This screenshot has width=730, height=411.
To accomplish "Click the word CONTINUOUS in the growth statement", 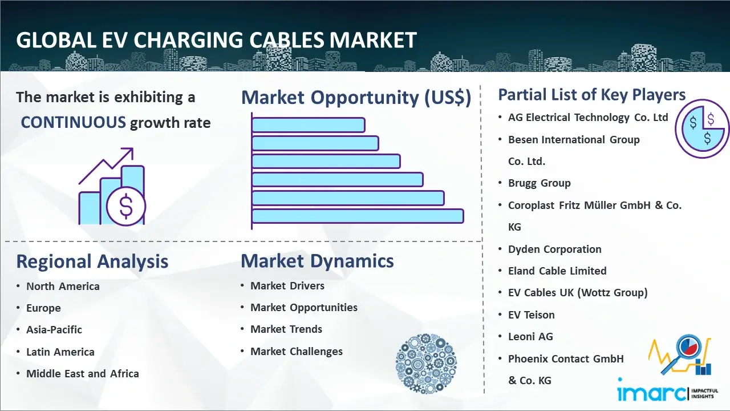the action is click(x=74, y=122).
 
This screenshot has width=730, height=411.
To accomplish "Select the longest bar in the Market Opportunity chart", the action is click(x=358, y=216).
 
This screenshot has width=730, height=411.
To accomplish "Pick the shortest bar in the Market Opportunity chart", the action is click(x=309, y=125).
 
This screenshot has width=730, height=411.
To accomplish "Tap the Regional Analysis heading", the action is click(x=92, y=262).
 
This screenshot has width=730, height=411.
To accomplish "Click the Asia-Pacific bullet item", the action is click(x=54, y=330).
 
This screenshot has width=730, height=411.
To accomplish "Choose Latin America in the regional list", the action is click(x=60, y=352).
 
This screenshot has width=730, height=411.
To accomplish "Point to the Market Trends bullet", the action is click(x=286, y=329).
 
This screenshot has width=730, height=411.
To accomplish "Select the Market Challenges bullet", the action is click(x=296, y=351).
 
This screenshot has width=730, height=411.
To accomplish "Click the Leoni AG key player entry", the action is click(x=530, y=336).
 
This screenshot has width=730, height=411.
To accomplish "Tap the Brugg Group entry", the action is click(x=540, y=183).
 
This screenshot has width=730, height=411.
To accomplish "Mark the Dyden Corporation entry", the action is click(x=555, y=249).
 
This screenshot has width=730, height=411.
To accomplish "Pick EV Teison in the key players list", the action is click(x=531, y=315).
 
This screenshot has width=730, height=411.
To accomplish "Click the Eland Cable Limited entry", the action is click(x=557, y=271).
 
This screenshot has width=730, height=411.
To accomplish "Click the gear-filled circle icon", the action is click(x=426, y=364).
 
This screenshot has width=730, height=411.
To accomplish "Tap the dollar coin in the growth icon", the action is click(x=126, y=206).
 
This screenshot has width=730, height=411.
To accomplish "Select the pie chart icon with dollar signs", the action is click(x=702, y=129).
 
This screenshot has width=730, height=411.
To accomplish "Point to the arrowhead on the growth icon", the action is click(x=128, y=152).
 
